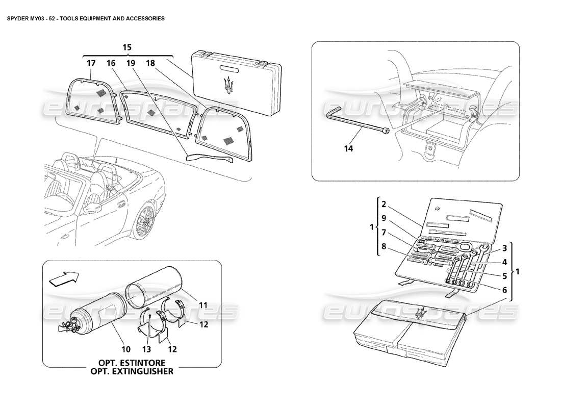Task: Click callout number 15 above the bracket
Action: tap(127, 47)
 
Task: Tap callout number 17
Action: tap(91, 63)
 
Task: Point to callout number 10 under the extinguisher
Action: tap(126, 350)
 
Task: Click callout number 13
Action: tap(147, 350)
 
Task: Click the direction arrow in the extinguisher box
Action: tap(65, 277)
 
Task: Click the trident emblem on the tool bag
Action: tap(420, 315)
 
